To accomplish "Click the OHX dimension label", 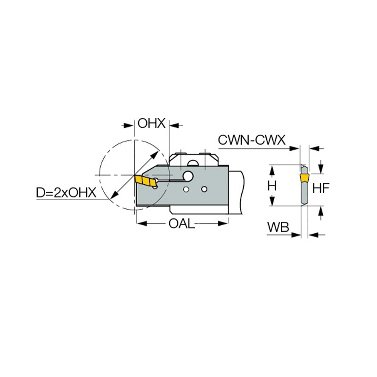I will coord(151,124).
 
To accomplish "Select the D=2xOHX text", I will coord(66,192).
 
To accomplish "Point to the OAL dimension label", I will coord(181,223).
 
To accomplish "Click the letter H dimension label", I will coord(272,186).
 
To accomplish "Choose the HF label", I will coord(321,188).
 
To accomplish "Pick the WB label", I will coord(278,227).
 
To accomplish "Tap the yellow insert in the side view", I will coord(304,177).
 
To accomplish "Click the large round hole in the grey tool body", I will coord(188,176).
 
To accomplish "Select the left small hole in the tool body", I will coord(187,189).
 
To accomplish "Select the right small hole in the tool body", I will coord(204,189).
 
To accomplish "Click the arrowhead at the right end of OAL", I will coord(226,223).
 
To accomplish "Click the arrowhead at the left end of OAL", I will coord(139,223).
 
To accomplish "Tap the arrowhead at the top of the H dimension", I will coord(272,168).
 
